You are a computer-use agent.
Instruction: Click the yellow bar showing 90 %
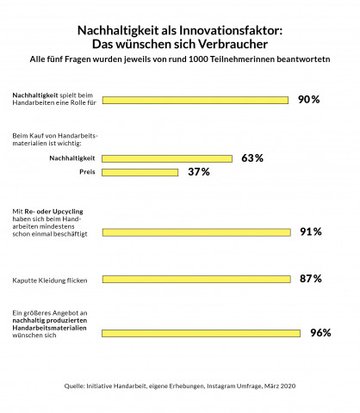coord(196,100)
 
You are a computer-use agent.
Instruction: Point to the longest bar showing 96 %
coord(202,333)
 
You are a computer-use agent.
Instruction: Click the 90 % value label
coord(309,100)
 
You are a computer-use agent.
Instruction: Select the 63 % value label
coord(252,158)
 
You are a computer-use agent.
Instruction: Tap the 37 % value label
coord(199,172)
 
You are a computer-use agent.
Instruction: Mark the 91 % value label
coord(311,231)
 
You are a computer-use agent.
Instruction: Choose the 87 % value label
coord(311,279)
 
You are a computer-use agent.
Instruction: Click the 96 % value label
coord(320,333)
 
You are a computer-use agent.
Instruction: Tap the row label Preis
coord(86,172)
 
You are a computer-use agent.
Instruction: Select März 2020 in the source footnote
coord(277,386)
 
